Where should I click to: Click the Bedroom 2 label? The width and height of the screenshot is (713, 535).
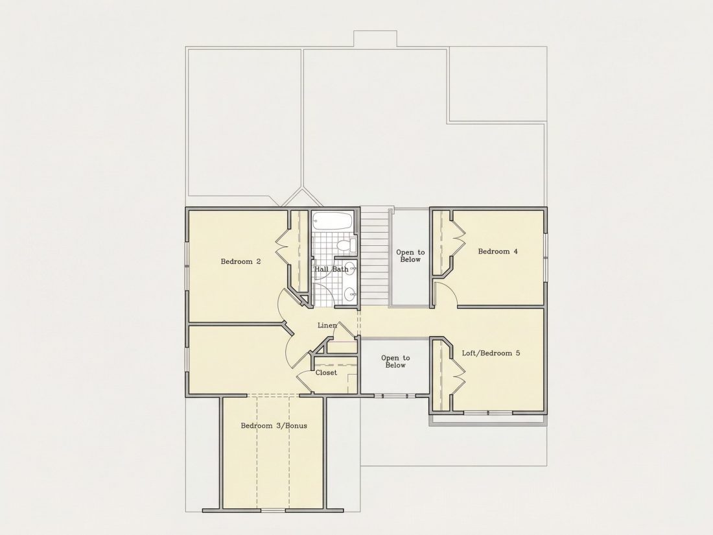(x=240, y=261)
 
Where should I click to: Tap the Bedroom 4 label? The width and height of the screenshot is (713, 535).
(x=497, y=251)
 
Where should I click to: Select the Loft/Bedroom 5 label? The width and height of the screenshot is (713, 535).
(x=491, y=353)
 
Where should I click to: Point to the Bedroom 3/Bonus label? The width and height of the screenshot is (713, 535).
(x=274, y=426)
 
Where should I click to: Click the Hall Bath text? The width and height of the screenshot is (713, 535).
(x=331, y=269)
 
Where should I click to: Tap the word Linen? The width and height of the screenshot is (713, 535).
(x=327, y=326)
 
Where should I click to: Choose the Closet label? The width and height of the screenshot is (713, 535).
(x=327, y=373)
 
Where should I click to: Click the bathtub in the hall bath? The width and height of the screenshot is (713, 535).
(x=333, y=220)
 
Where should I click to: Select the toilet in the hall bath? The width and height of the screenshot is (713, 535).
(x=347, y=244)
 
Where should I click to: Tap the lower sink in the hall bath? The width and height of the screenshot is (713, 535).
(x=349, y=295)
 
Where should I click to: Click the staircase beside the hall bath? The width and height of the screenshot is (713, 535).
(x=374, y=257)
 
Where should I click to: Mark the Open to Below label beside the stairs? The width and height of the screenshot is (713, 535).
(x=410, y=256)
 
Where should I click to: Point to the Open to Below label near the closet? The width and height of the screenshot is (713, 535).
(x=395, y=362)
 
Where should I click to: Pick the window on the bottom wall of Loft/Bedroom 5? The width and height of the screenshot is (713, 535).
(x=488, y=412)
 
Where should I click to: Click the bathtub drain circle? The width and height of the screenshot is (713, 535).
(x=315, y=220)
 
